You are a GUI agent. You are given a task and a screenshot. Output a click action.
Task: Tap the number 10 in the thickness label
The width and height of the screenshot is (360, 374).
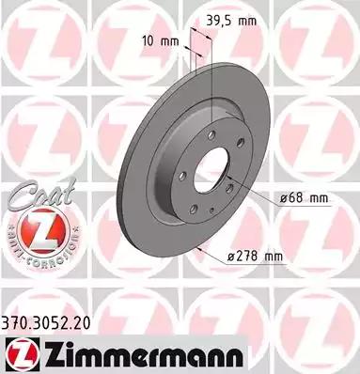pyautogui.click(x=147, y=41)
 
